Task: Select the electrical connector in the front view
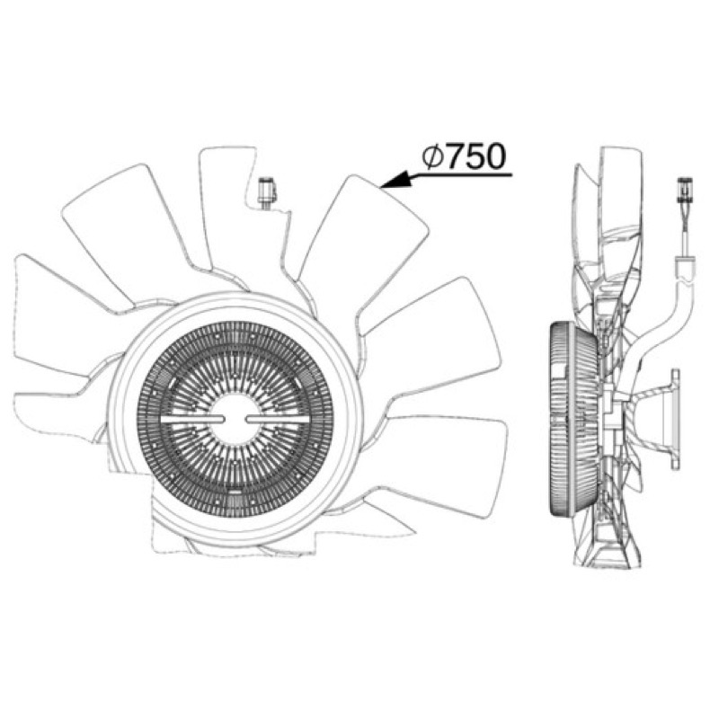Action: [266, 192]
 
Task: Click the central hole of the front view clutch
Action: [235, 419]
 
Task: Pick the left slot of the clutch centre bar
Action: [192, 419]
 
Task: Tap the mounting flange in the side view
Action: [675, 420]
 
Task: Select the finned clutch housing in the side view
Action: [574, 418]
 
